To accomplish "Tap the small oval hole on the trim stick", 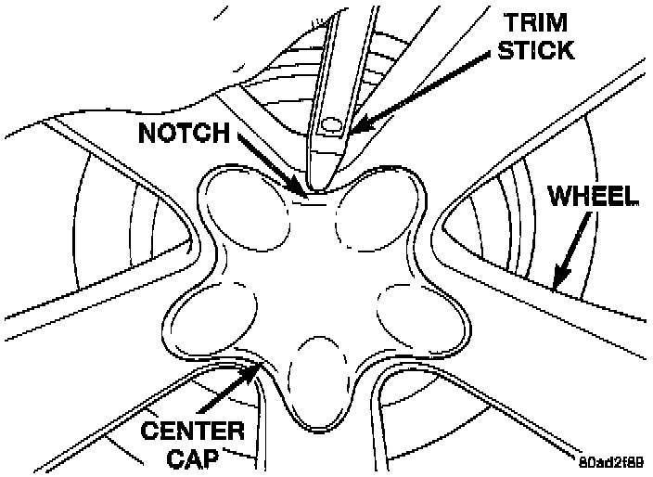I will click(331, 123).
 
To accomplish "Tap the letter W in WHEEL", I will click(559, 197).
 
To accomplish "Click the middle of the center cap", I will click(311, 278).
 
